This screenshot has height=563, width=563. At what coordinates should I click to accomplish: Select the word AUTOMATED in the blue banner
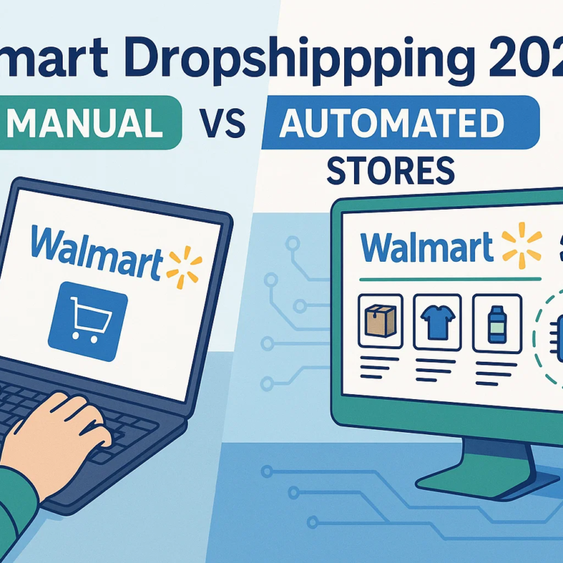click(x=391, y=124)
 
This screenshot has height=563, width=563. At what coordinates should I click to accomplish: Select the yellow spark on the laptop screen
click(x=184, y=265)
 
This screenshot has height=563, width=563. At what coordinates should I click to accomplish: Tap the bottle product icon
click(x=497, y=321)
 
